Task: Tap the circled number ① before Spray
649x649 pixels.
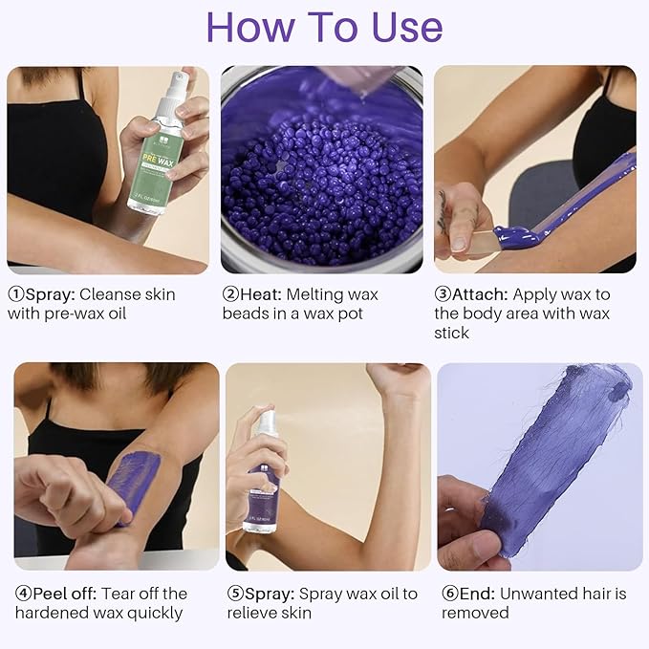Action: (16, 294)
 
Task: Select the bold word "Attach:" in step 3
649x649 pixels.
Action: (486, 294)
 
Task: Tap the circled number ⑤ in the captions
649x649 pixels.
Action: (235, 594)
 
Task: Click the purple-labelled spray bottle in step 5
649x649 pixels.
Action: (262, 478)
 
